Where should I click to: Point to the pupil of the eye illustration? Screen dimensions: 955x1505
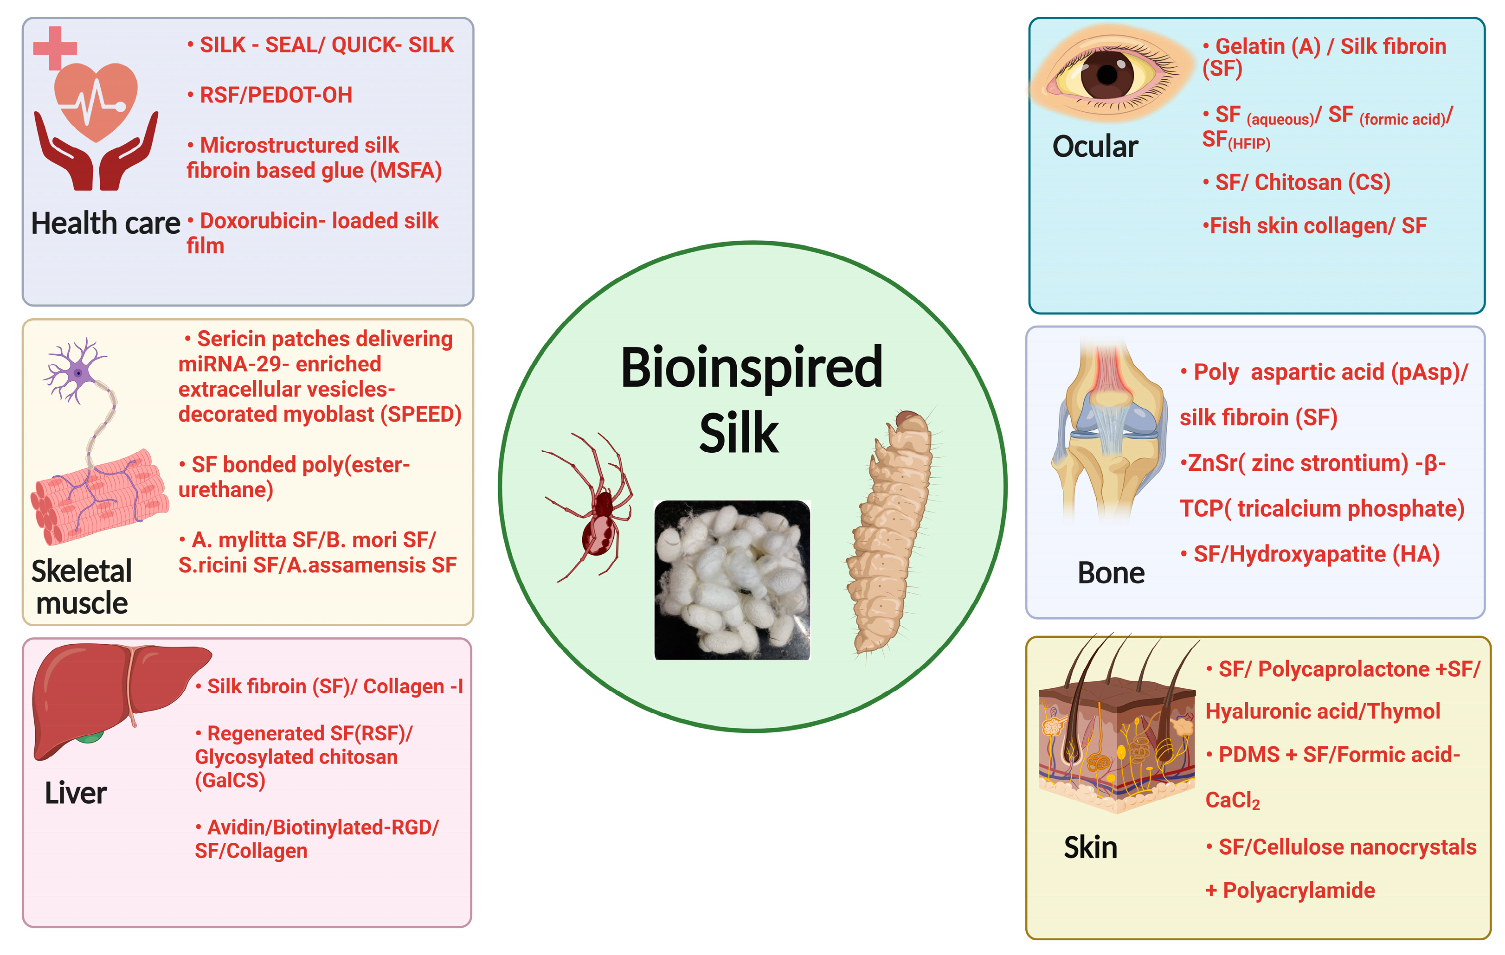(x=1107, y=75)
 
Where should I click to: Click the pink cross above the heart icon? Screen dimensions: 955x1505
(x=55, y=47)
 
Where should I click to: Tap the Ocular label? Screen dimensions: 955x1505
(x=1095, y=147)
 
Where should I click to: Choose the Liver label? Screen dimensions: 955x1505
(x=76, y=793)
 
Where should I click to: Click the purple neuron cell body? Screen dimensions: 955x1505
(x=78, y=373)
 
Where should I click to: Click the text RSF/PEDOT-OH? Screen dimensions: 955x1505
(x=276, y=95)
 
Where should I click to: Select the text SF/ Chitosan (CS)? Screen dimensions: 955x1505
(x=1303, y=182)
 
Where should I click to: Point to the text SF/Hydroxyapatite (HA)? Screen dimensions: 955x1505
(x=1316, y=554)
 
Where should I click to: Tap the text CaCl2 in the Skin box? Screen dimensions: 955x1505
(x=1232, y=800)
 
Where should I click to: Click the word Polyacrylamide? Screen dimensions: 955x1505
(x=1298, y=890)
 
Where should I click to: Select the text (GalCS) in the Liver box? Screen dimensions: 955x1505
(x=230, y=780)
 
